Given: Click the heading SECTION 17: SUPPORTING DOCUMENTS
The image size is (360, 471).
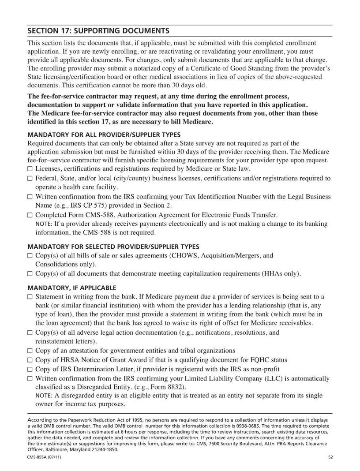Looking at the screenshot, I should [98, 31].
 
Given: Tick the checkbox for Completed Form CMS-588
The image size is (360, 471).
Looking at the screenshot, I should [30, 215].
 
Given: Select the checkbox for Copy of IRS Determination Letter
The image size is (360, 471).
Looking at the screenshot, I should [30, 369].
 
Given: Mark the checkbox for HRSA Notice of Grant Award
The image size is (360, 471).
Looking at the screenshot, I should [30, 360].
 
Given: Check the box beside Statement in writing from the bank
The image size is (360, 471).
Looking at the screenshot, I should [30, 296].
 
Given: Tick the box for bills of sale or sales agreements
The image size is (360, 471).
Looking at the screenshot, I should [30, 256].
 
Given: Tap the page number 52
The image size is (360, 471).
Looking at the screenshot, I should [330, 457].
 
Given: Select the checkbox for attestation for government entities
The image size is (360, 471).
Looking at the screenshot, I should [30, 351].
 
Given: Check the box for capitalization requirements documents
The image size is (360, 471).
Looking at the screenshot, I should [30, 274].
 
